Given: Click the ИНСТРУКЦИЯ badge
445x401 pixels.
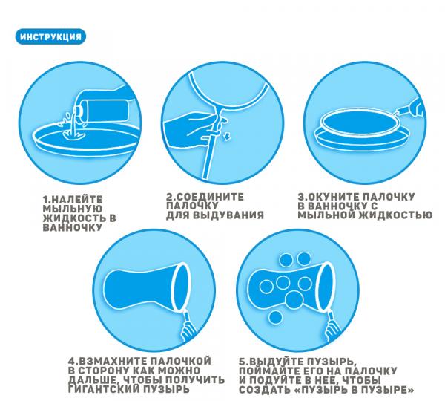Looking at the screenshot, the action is click(50, 36).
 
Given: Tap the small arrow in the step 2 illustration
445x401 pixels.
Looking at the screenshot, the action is click(227, 137).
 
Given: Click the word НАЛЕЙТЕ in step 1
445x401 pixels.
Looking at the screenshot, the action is click(77, 199).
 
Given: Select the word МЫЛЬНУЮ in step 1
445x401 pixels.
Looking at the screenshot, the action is click(72, 209).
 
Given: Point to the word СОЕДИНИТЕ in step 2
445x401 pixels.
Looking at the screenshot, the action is click(211, 197).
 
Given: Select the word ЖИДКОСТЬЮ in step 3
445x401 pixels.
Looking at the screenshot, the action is click(396, 215).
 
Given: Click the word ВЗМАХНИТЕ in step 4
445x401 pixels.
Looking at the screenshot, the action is click(113, 361).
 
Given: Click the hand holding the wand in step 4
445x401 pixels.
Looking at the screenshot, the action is click(188, 330).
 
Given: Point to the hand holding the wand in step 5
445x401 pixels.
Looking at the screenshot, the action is click(333, 330).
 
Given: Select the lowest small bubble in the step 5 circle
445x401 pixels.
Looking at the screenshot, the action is click(274, 316).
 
